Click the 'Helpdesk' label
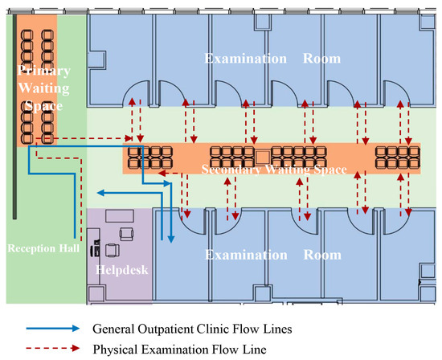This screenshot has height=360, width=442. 121,270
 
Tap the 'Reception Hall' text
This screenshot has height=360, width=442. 43,248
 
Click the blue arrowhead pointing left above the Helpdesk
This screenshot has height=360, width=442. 100,193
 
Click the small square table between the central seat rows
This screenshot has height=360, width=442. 261,155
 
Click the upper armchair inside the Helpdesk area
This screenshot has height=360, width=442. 126,232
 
